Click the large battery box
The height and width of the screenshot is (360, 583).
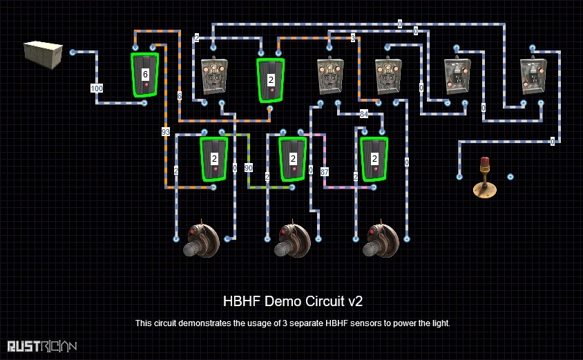(43, 55)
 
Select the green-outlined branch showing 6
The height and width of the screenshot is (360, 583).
(145, 74)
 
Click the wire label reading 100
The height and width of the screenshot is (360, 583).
(97, 88)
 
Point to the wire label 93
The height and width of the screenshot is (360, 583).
(166, 131)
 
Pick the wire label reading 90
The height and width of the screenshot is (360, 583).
(249, 168)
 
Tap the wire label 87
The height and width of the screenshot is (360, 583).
(325, 171)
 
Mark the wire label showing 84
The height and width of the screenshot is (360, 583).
(364, 114)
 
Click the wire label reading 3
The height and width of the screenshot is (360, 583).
(352, 38)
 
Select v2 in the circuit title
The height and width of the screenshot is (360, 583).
(356, 301)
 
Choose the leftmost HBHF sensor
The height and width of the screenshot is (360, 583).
(201, 238)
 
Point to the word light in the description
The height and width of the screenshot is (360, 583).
(440, 323)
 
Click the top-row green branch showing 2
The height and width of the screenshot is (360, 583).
(271, 79)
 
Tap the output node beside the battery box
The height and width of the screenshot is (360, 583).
(73, 52)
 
